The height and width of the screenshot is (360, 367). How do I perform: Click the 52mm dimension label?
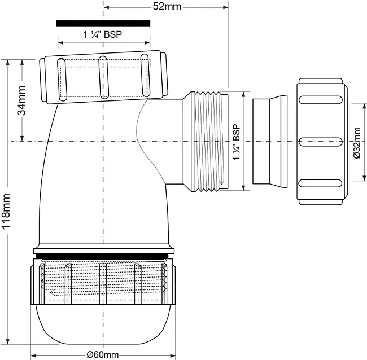[x=167, y=7]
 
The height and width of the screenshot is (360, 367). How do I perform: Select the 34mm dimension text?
[x=21, y=100]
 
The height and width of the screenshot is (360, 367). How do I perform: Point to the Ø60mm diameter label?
[x=103, y=355]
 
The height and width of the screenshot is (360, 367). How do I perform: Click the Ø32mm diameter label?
[x=357, y=143]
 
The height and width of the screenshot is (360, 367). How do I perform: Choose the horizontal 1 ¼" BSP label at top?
[x=103, y=35]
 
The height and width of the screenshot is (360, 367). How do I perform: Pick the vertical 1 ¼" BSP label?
[x=237, y=142]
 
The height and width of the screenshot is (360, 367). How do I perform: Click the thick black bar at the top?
[x=103, y=23]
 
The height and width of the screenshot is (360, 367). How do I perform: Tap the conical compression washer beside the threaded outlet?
[x=270, y=141]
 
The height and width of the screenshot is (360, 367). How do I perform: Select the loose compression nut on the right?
[x=322, y=142]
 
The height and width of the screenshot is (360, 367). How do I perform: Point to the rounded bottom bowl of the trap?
[x=103, y=324]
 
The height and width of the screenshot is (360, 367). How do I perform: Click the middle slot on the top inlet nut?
[x=103, y=77]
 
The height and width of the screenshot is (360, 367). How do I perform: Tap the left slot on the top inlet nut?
[x=62, y=80]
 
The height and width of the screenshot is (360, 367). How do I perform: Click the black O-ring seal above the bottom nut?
[x=103, y=256]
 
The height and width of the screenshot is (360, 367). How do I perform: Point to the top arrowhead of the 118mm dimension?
[x=8, y=63]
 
